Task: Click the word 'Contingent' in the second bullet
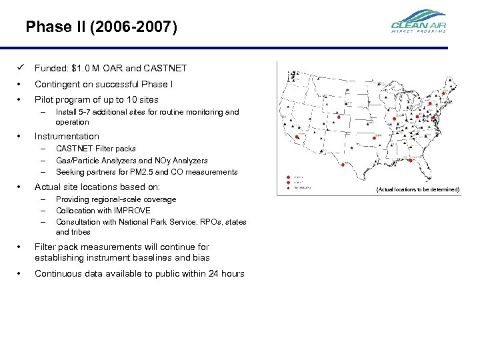57,84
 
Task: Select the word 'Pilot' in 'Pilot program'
45,100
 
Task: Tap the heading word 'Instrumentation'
67,137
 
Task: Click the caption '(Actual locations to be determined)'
417,190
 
